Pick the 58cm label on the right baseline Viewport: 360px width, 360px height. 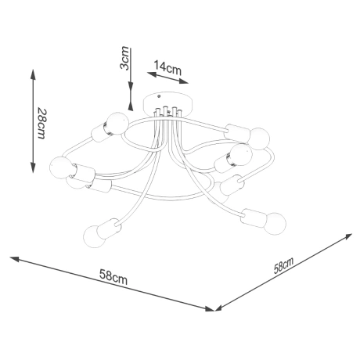pos(283,266)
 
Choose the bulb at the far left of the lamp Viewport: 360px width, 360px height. pos(59,166)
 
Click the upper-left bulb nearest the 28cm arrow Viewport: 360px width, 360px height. pos(114,124)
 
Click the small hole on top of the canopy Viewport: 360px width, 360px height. pos(164,99)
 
